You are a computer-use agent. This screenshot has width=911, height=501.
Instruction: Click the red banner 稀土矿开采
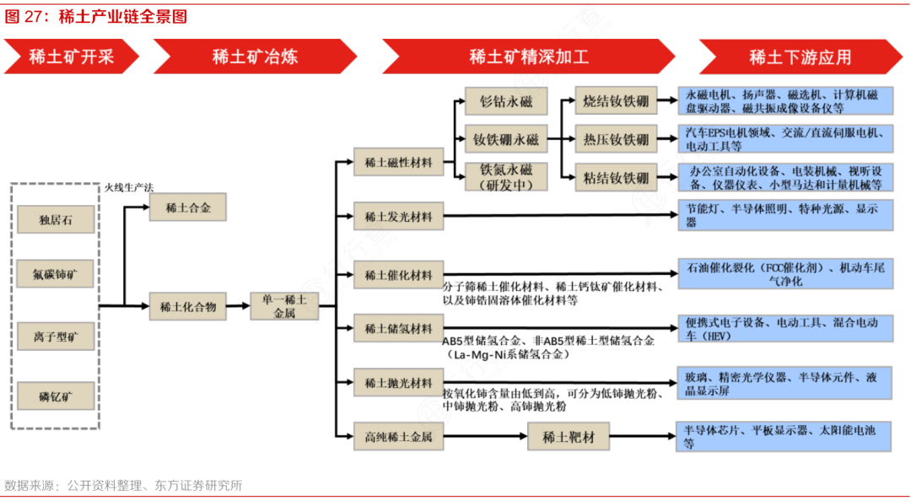click(x=72, y=57)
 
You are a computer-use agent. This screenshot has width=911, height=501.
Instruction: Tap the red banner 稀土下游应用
click(x=800, y=57)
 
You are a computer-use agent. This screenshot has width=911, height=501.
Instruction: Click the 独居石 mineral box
click(x=56, y=221)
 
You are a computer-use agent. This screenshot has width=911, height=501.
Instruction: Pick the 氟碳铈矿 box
click(x=56, y=274)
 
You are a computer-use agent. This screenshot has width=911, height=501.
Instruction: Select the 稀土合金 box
click(x=188, y=207)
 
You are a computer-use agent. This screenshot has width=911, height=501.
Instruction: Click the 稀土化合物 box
click(x=188, y=306)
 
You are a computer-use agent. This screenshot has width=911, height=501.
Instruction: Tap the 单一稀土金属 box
click(x=284, y=306)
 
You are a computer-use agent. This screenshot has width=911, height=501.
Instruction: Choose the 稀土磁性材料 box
click(x=398, y=162)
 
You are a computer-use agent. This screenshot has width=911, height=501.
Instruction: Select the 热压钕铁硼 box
click(x=616, y=138)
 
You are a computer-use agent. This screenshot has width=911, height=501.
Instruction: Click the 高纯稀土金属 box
click(x=398, y=436)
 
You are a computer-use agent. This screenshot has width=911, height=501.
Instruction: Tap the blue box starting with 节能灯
click(x=785, y=215)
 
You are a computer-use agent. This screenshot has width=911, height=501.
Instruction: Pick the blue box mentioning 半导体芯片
click(x=785, y=436)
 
